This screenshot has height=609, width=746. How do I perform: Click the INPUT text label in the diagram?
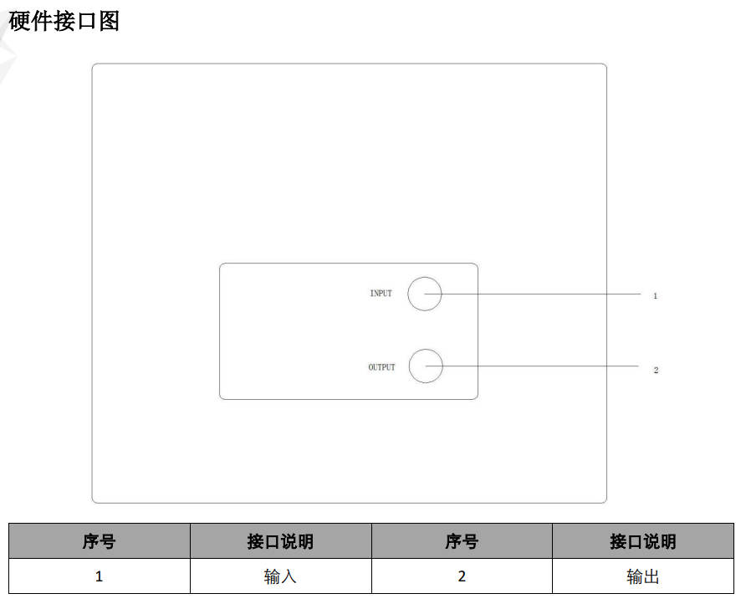coord(381,294)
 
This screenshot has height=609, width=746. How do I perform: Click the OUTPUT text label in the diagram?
coord(381,367)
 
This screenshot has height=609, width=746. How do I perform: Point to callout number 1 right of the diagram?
coord(655,296)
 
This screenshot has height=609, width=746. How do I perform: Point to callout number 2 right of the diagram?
coord(656,370)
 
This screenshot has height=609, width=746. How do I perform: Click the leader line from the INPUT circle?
coord(533,294)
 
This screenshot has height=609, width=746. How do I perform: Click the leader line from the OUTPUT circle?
coord(533,366)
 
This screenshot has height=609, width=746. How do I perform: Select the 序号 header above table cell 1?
coord(99,541)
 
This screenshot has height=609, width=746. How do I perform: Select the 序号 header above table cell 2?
coord(462,541)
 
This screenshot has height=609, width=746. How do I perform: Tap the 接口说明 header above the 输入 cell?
coord(280,541)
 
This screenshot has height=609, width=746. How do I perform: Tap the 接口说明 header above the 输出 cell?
coord(643,541)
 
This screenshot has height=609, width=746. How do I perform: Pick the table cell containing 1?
coord(99,576)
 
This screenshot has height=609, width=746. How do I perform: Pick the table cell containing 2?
coord(462,576)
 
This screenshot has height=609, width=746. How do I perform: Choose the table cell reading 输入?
coord(280,576)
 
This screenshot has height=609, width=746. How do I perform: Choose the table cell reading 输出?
coord(643,576)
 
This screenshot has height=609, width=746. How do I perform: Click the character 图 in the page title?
coord(109,22)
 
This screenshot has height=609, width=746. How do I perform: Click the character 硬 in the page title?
coord(19,22)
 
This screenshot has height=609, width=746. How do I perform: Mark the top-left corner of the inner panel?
coord(220,264)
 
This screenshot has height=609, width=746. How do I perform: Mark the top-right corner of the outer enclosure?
coord(606,64)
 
